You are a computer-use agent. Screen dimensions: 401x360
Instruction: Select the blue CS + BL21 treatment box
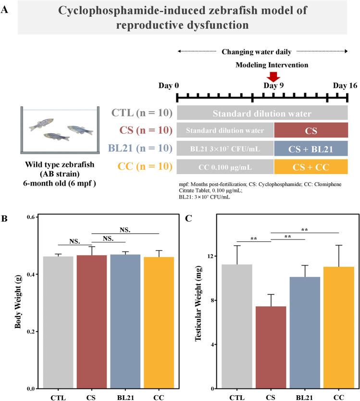coord(310,148)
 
